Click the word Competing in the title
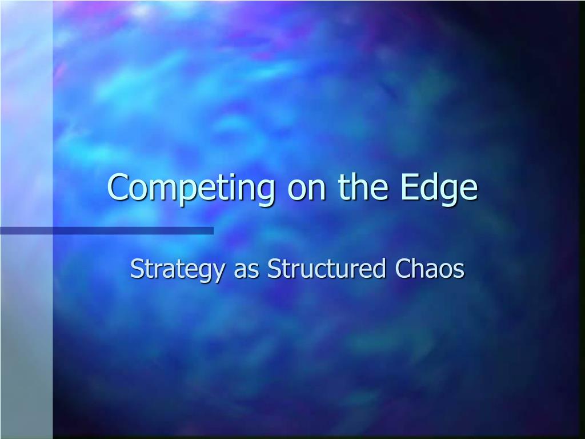pyautogui.click(x=191, y=189)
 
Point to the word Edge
pyautogui.click(x=439, y=189)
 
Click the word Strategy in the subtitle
pyautogui.click(x=177, y=270)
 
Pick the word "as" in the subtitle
pyautogui.click(x=246, y=271)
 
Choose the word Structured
pyautogui.click(x=326, y=268)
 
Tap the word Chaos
pyautogui.click(x=430, y=268)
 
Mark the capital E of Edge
pyautogui.click(x=408, y=187)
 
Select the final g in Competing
pyautogui.click(x=266, y=193)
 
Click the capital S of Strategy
pyautogui.click(x=137, y=269)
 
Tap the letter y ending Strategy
pyautogui.click(x=218, y=273)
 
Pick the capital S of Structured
pyautogui.click(x=274, y=269)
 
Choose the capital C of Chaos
pyautogui.click(x=403, y=269)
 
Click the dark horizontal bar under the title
pyautogui.click(x=107, y=231)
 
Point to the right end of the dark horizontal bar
pyautogui.click(x=214, y=231)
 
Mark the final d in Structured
pyautogui.click(x=379, y=268)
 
